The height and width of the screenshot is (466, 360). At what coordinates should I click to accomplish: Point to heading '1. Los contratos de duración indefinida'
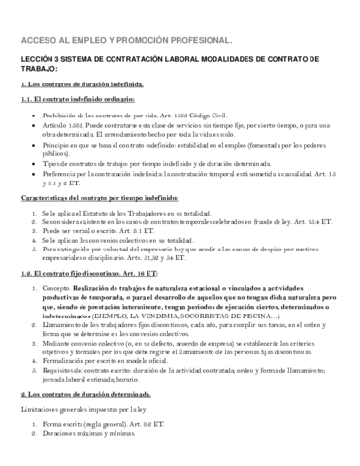[x=82, y=86]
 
